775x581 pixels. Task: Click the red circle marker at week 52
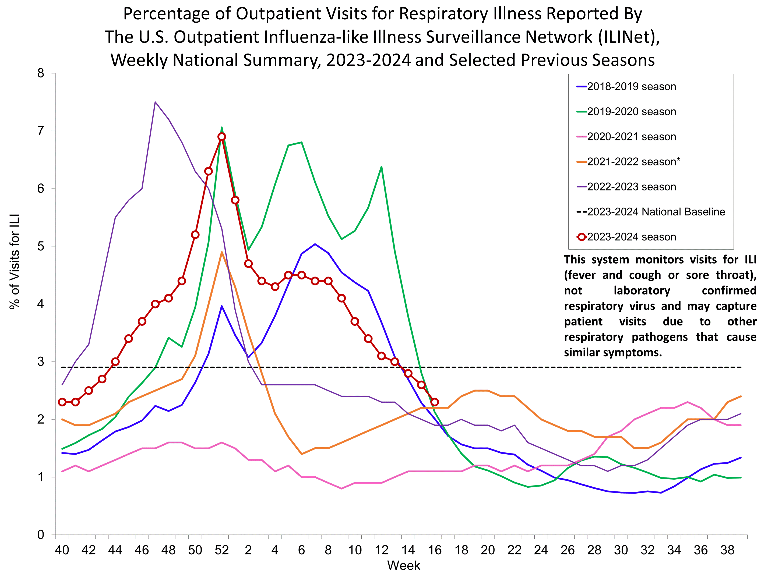(222, 137)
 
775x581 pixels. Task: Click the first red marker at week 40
(62, 402)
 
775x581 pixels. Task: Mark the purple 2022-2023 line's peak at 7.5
(155, 102)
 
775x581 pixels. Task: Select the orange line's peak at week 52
(222, 252)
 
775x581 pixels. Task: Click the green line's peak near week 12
(381, 167)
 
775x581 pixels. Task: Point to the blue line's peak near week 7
(315, 244)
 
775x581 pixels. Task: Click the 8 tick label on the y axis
(41, 73)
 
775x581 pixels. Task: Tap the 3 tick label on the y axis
(41, 362)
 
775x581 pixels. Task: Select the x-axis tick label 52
(222, 550)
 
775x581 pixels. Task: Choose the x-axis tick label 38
(727, 550)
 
